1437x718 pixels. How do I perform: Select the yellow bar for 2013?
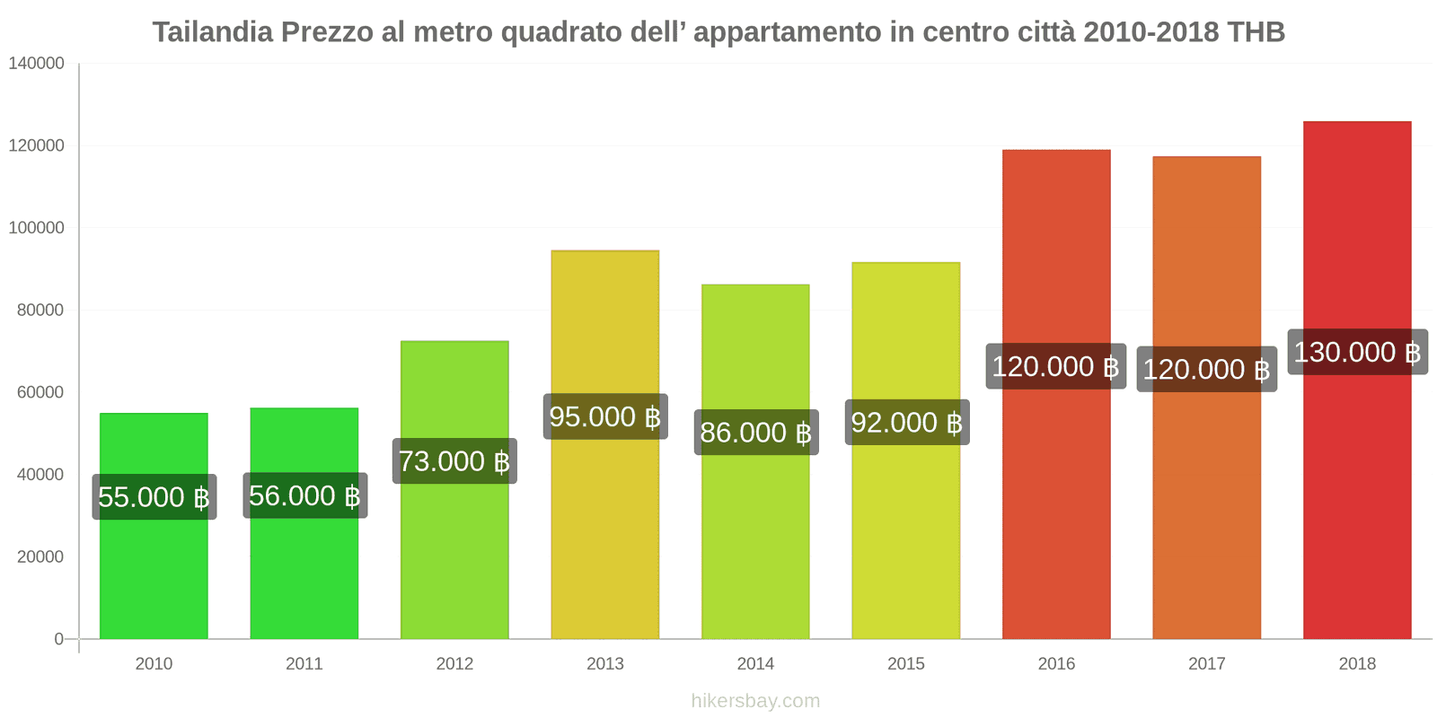pos(604,323)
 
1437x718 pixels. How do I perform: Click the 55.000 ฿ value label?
pos(154,497)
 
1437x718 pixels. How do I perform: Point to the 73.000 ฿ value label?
pos(454,461)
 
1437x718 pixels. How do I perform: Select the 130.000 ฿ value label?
pos(1357,352)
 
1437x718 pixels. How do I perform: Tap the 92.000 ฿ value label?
pos(906,422)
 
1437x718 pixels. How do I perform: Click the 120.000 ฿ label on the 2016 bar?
pos(1055,366)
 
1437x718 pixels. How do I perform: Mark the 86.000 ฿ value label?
pos(755,433)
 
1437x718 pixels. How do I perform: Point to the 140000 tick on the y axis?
pos(37,63)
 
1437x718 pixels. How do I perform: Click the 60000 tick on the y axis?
pos(40,392)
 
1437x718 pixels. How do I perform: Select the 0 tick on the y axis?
pos(59,639)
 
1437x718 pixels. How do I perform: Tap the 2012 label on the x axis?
pos(454,664)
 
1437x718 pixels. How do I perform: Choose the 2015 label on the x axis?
pos(906,664)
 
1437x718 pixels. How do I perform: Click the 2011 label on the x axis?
pos(304,664)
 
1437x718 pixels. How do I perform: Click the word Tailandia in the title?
pos(212,32)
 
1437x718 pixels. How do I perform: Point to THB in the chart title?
pos(1256,32)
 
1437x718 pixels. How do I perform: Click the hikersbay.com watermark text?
pos(755,701)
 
